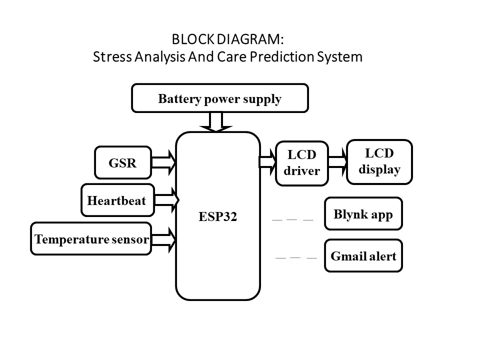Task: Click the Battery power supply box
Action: coord(219,98)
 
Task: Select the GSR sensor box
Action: coord(122,162)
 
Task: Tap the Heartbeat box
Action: coord(116,200)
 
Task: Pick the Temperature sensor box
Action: coord(91,239)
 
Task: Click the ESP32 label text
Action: coord(217,217)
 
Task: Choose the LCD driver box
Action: coord(301,162)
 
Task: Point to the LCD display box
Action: coord(379,161)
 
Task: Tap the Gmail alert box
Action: coord(363,256)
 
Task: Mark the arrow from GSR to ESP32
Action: coord(163,162)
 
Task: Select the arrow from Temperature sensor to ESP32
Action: coord(163,239)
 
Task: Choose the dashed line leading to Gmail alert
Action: coord(296,258)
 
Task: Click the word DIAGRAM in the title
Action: coord(251,39)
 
